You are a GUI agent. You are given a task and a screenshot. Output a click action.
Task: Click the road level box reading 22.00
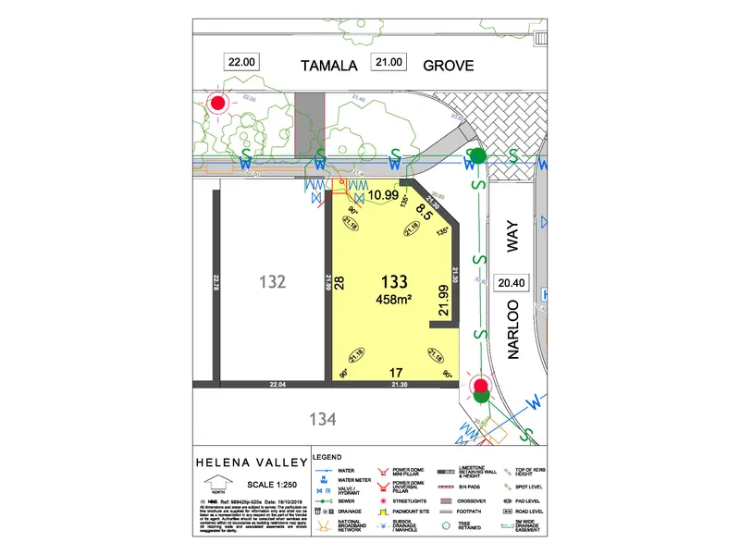click(x=240, y=62)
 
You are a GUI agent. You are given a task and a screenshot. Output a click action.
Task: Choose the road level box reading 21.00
click(x=388, y=62)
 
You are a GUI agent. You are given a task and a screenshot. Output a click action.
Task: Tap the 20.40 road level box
click(x=511, y=282)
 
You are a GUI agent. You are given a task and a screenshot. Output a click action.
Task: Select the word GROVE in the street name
click(x=449, y=65)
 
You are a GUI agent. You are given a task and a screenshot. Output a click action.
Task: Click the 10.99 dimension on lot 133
click(x=383, y=195)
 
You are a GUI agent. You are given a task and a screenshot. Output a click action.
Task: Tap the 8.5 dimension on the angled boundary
click(x=425, y=212)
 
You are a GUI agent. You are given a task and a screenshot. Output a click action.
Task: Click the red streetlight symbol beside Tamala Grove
click(x=218, y=104)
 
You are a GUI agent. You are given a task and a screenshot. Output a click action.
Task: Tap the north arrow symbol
click(x=218, y=483)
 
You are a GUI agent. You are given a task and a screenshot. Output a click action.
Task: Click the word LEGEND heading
click(x=328, y=457)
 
